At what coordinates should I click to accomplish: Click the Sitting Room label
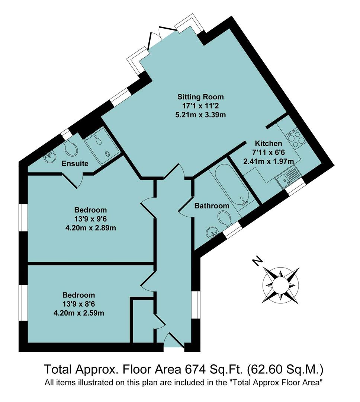click(x=200, y=97)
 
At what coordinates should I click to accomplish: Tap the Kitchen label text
click(x=268, y=143)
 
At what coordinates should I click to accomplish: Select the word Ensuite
click(x=75, y=163)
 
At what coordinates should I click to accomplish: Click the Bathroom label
click(x=212, y=206)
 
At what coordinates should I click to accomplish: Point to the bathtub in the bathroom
click(x=232, y=185)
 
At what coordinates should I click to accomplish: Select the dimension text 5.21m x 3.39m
click(x=200, y=115)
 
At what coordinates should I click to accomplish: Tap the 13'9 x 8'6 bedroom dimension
click(x=78, y=304)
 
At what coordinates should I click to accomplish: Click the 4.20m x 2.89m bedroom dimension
click(x=90, y=227)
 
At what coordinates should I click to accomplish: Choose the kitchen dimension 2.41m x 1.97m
click(x=268, y=161)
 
